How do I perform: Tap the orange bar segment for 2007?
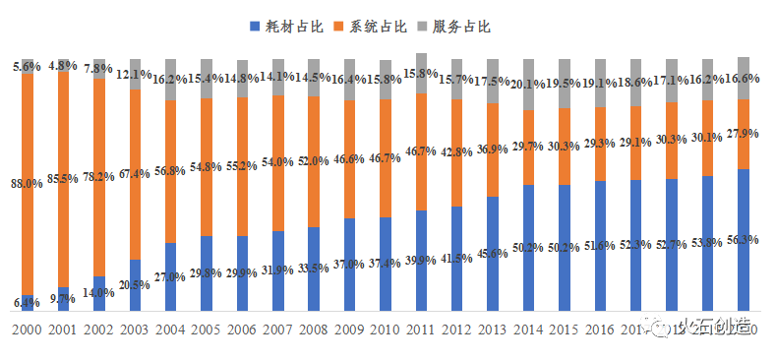pos(278,163)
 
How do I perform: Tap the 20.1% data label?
pos(528,84)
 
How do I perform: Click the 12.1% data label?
pos(135,75)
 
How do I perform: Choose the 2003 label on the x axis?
pos(135,331)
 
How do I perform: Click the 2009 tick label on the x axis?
pos(349,331)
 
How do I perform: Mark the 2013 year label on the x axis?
pos(493,331)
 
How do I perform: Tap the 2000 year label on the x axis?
pos(28,331)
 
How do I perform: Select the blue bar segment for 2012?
pos(456,259)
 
